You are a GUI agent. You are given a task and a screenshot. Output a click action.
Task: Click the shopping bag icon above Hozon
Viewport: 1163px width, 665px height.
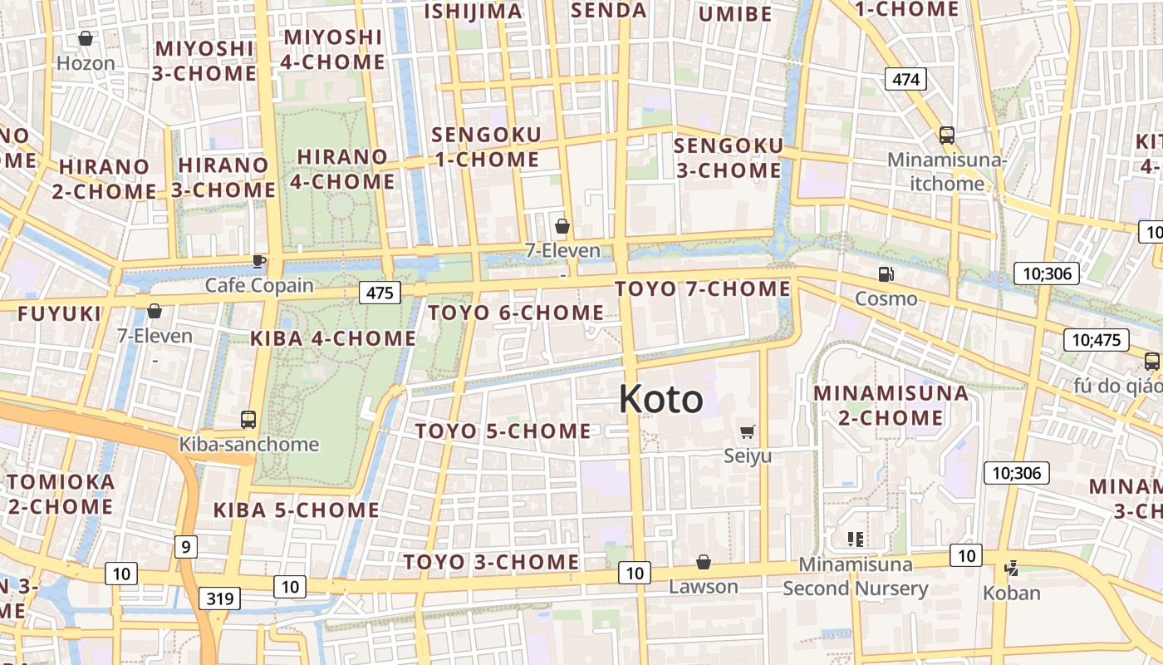pyautogui.click(x=85, y=38)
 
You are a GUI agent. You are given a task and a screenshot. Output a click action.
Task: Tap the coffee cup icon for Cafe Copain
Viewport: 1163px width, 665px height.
pyautogui.click(x=259, y=261)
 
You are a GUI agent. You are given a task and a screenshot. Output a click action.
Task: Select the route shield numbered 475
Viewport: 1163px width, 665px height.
pyautogui.click(x=380, y=293)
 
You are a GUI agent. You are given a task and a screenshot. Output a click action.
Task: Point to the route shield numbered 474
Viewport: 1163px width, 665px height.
pyautogui.click(x=905, y=79)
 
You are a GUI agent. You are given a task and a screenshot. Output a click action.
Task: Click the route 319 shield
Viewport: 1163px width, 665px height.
pyautogui.click(x=220, y=598)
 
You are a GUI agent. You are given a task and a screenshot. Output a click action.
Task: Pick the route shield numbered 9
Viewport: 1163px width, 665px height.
pyautogui.click(x=186, y=546)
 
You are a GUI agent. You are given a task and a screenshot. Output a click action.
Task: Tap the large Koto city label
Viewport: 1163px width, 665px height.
pyautogui.click(x=660, y=399)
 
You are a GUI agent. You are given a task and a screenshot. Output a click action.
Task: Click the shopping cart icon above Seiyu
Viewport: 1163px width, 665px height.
pyautogui.click(x=747, y=431)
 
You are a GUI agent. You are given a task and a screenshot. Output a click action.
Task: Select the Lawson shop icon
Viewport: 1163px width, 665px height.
pyautogui.click(x=704, y=563)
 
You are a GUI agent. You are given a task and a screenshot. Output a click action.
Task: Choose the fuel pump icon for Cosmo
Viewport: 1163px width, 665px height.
pyautogui.click(x=886, y=273)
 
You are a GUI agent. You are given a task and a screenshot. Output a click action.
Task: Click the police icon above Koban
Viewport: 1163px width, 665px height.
pyautogui.click(x=1011, y=569)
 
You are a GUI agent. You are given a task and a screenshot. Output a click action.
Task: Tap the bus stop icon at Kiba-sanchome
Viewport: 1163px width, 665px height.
pyautogui.click(x=248, y=420)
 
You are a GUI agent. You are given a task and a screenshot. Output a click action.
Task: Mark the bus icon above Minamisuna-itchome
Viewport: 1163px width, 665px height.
pyautogui.click(x=946, y=135)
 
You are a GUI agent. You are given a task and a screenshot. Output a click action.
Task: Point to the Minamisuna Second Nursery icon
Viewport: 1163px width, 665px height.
pyautogui.click(x=855, y=539)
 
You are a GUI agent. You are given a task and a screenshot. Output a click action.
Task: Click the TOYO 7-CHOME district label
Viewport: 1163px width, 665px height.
pyautogui.click(x=703, y=288)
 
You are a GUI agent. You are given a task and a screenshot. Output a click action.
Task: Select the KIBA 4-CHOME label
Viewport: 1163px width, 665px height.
pyautogui.click(x=333, y=338)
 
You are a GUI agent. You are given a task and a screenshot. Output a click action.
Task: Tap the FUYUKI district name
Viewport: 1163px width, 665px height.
pyautogui.click(x=59, y=313)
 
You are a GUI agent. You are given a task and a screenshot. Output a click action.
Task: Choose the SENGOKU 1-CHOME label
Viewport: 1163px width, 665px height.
pyautogui.click(x=486, y=146)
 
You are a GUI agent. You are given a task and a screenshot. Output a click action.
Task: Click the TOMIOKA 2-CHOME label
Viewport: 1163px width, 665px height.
pyautogui.click(x=61, y=494)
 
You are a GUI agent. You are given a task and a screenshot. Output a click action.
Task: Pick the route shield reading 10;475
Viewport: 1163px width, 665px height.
pyautogui.click(x=1096, y=339)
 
